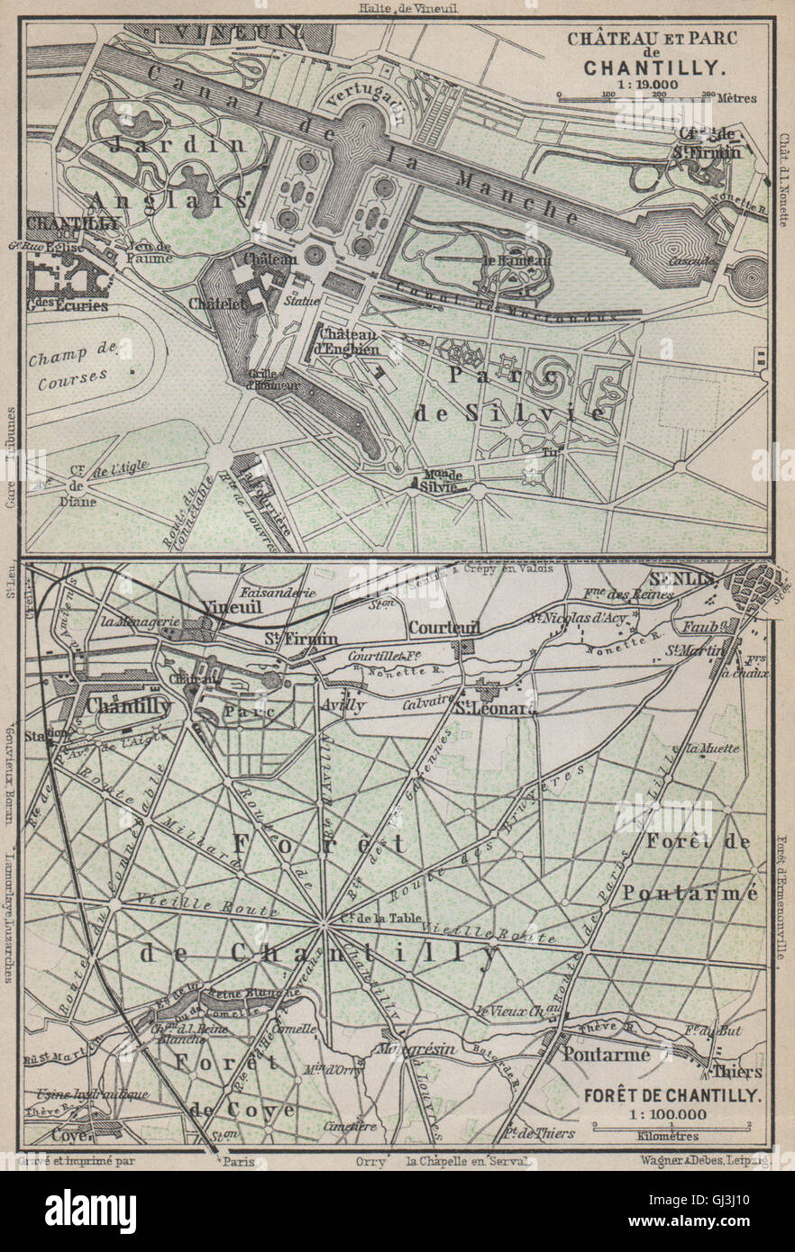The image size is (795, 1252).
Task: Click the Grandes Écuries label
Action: click(67, 305)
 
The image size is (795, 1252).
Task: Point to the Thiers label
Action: click(737, 1072)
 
